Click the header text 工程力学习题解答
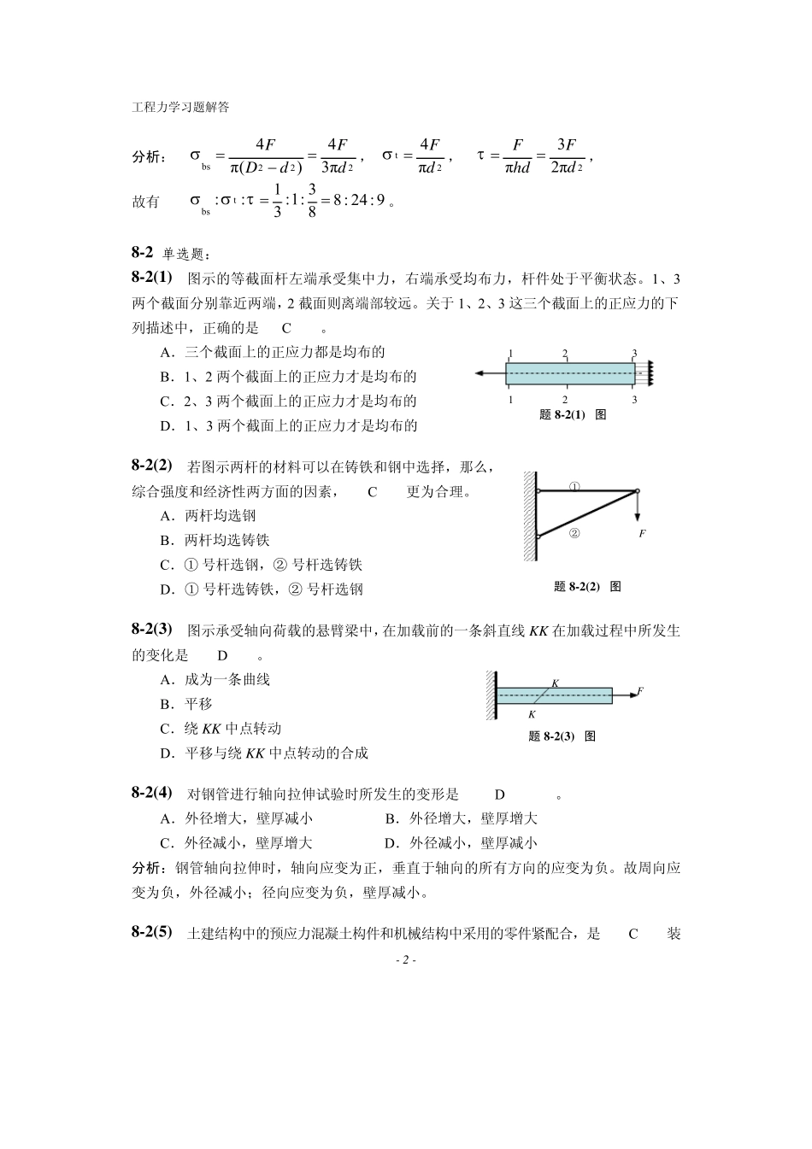[180, 108]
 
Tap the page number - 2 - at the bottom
[405, 960]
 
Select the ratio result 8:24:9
[358, 202]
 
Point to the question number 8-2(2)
[152, 465]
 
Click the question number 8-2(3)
[152, 629]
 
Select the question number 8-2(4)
[152, 792]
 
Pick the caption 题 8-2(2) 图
[587, 586]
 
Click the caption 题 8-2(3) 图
[562, 736]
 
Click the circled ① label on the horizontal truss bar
[574, 487]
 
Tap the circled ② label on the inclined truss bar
[574, 533]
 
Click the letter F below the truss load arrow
[643, 533]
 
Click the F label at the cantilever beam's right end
[640, 690]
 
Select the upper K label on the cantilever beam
[555, 683]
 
